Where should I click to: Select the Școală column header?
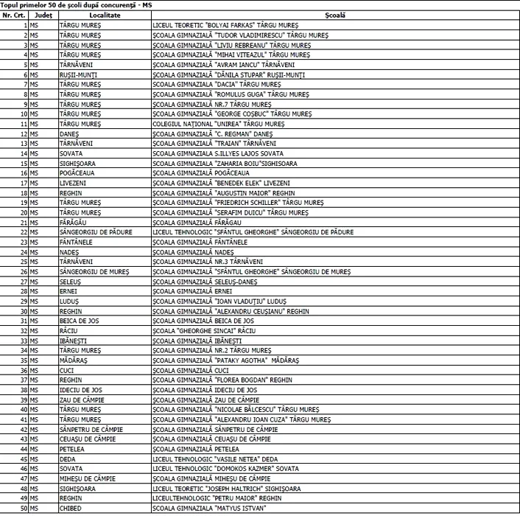coord(334,15)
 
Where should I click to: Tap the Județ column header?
coord(43,15)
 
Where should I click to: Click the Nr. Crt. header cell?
coord(15,15)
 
